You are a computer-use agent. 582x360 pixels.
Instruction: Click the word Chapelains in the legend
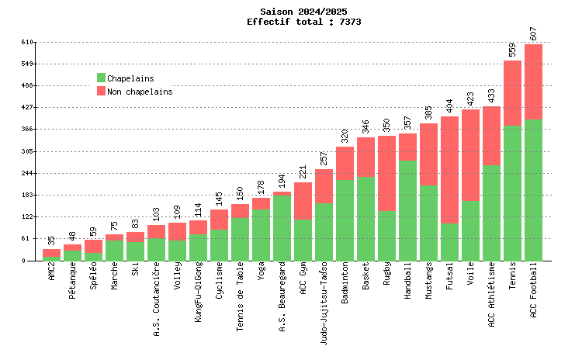[x=130, y=78]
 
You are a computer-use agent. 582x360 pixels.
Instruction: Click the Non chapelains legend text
[x=139, y=92]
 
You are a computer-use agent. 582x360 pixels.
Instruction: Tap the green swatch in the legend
[x=101, y=78]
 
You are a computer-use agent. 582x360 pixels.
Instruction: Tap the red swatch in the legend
[x=101, y=92]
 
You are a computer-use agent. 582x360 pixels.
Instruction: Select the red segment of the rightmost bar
[x=533, y=81]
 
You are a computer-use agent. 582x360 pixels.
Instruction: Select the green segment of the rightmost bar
[x=533, y=190]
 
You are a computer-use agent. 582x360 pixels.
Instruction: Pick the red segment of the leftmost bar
[x=51, y=253]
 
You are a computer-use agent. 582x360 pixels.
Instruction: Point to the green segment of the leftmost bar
[x=51, y=259]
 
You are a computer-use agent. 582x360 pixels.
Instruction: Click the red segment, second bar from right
[x=512, y=93]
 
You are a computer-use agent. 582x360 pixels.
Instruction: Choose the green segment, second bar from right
[x=512, y=193]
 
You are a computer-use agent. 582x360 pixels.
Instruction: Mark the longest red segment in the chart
[x=449, y=170]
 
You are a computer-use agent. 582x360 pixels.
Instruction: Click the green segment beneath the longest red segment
[x=449, y=242]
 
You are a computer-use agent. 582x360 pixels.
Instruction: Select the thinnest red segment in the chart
[x=282, y=193]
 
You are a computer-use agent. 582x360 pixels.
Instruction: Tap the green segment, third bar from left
[x=93, y=257]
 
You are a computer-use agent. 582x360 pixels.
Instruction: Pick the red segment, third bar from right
[x=491, y=136]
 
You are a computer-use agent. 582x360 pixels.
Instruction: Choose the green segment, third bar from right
[x=491, y=213]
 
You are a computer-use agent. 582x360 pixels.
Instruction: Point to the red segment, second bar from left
[x=72, y=247]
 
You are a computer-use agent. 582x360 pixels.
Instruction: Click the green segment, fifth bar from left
[x=135, y=251]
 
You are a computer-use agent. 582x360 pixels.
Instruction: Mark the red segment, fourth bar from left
[x=114, y=237]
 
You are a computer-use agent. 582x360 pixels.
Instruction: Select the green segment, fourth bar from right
[x=470, y=231]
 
